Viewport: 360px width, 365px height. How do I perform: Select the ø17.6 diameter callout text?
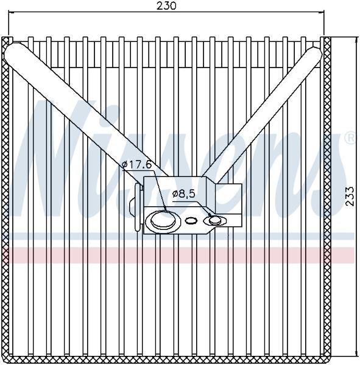coord(137,165)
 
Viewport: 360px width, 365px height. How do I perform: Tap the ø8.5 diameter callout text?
coord(183,193)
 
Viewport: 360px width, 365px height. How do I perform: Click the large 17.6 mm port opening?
coord(163,219)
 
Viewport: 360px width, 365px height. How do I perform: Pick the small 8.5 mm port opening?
coord(215,220)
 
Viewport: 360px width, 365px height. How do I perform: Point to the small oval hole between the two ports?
coord(191,220)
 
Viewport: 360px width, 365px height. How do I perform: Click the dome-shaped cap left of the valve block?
coord(132,204)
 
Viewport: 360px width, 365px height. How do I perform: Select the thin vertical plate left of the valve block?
coord(138,207)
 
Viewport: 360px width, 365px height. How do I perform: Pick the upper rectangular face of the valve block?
coord(175,192)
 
